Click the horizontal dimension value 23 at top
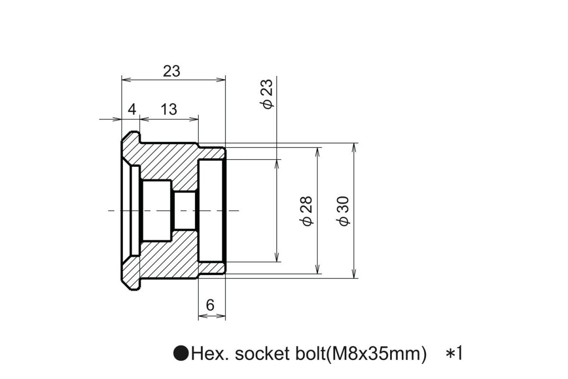pyautogui.click(x=171, y=71)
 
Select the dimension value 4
pyautogui.click(x=132, y=109)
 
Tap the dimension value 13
pyautogui.click(x=169, y=109)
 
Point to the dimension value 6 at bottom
pyautogui.click(x=211, y=306)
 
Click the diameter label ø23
pyautogui.click(x=268, y=94)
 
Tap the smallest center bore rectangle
pyautogui.click(x=185, y=210)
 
